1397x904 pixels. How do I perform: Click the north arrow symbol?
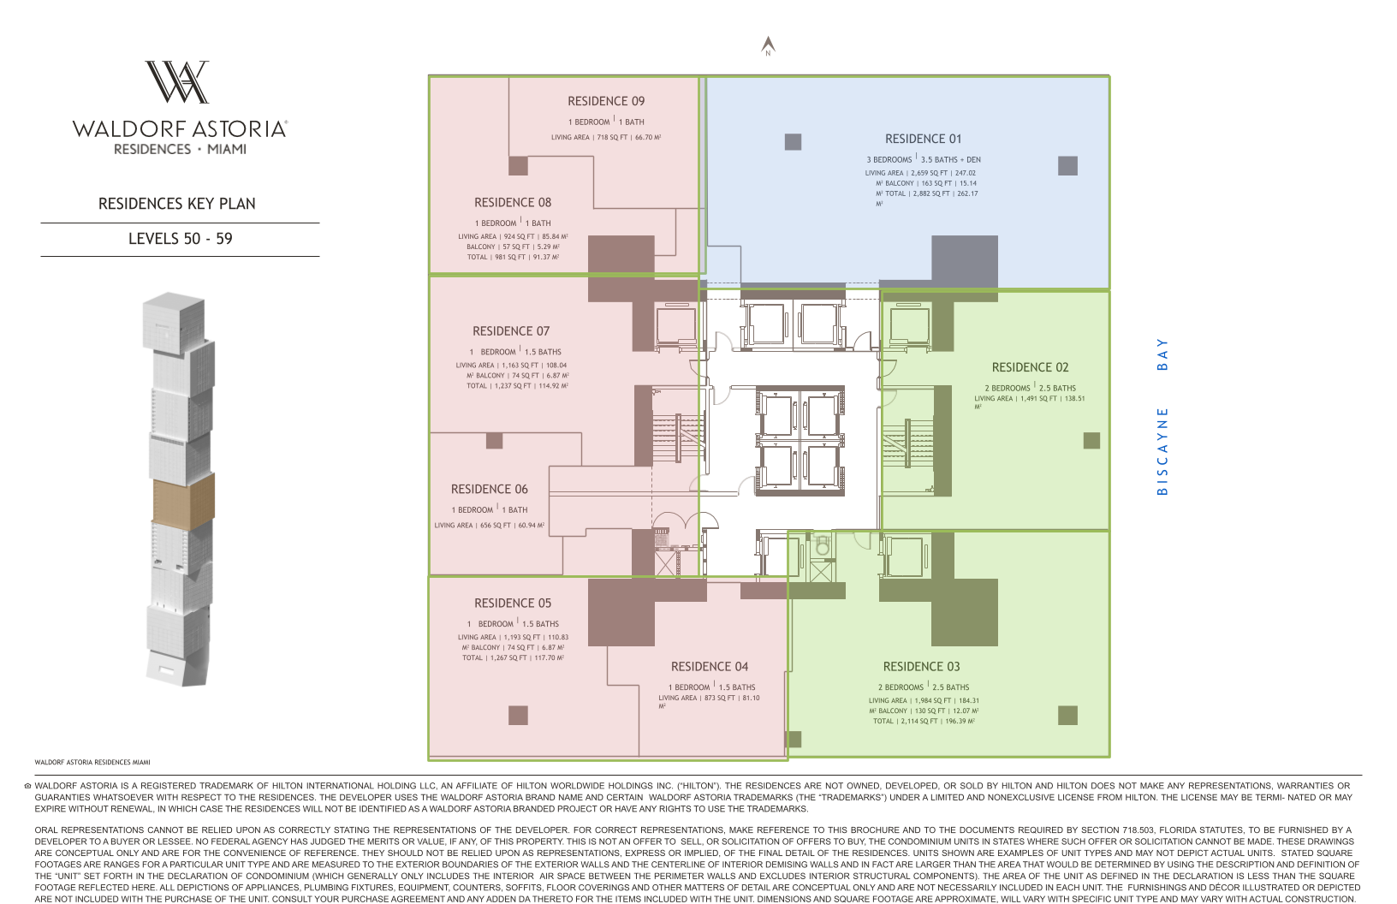click(769, 45)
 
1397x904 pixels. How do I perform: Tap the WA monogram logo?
click(177, 81)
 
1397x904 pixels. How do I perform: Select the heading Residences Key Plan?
click(177, 204)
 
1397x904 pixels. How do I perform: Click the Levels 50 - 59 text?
click(181, 239)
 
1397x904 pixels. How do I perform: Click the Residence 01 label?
click(923, 139)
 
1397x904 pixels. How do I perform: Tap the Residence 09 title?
click(606, 101)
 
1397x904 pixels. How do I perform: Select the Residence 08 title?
click(513, 202)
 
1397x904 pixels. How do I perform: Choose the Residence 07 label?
click(511, 330)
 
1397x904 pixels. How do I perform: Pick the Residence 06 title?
click(490, 489)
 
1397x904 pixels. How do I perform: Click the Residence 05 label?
click(513, 603)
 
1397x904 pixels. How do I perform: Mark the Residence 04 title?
click(710, 666)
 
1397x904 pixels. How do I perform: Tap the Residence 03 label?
click(921, 666)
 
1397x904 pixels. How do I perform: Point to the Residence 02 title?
click(1031, 367)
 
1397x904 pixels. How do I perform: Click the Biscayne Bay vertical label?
click(1162, 417)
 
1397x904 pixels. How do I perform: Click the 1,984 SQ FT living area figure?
click(932, 700)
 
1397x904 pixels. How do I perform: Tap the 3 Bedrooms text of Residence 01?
click(889, 160)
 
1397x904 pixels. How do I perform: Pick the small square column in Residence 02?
click(1091, 441)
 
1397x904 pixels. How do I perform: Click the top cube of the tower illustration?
click(174, 321)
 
